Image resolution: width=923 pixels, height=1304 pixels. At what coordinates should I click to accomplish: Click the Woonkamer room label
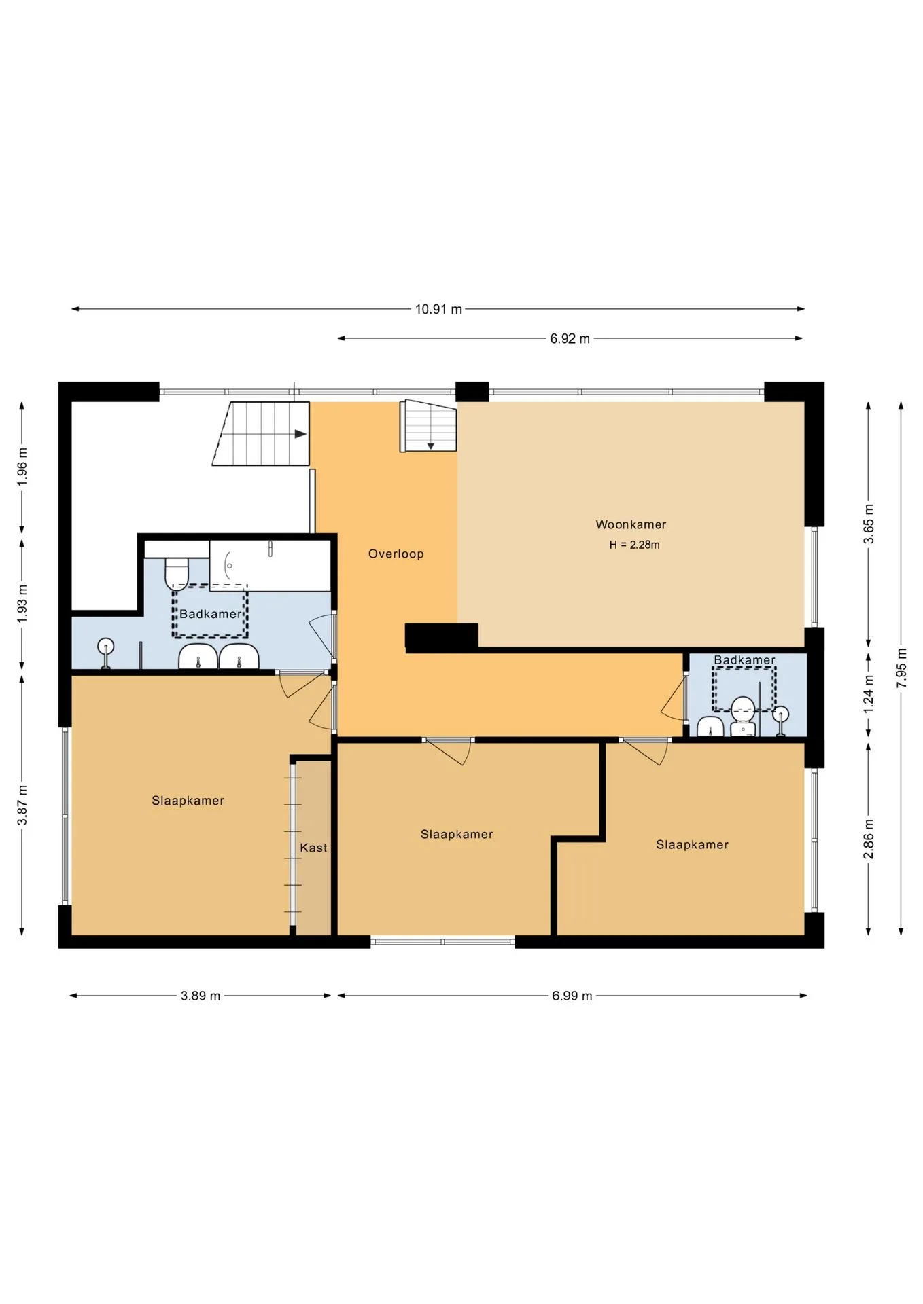pos(631,524)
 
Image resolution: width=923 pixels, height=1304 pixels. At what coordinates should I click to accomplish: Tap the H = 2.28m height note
pos(634,545)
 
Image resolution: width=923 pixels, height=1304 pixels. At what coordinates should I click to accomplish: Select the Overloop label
pos(396,554)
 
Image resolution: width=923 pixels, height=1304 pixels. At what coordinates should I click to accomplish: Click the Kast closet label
pos(313,848)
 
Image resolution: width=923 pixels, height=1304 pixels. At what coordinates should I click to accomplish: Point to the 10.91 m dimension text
pos(438,310)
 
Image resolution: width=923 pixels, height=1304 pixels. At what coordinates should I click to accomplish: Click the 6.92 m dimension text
pos(570,338)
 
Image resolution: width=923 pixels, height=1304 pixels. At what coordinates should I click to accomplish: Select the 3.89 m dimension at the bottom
pos(200,996)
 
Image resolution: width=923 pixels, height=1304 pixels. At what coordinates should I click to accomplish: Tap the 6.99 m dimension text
pos(572,996)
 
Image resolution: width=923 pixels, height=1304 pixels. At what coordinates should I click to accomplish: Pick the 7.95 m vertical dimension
pos(901,668)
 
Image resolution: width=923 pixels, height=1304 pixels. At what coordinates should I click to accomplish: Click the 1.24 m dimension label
pos(868,694)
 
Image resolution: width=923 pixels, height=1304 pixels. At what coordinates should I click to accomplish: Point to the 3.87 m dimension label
pos(22,805)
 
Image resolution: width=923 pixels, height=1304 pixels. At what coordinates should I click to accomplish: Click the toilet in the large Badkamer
pos(177,574)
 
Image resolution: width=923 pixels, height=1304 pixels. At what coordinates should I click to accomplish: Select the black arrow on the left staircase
pos(300,434)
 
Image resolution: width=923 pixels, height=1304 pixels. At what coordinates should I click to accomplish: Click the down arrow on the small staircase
pos(430,446)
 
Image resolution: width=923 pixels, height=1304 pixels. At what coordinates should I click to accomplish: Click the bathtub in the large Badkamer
pos(270,566)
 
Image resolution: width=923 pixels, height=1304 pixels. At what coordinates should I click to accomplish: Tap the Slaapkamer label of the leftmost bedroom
pos(188,801)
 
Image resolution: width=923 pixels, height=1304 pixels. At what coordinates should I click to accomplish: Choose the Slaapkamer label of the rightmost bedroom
pos(692,845)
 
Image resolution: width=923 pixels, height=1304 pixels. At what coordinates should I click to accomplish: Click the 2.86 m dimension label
pos(868,839)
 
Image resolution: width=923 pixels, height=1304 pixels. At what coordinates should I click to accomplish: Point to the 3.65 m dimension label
pos(868,524)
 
